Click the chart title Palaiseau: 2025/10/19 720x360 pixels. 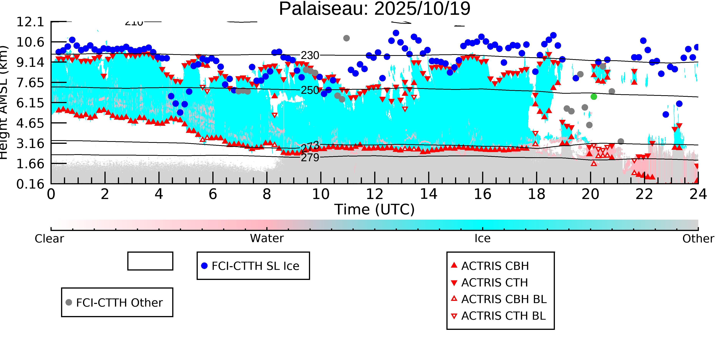[375, 9]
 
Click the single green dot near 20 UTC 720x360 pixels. [594, 97]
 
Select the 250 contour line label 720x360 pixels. [310, 90]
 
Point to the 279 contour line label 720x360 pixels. [310, 158]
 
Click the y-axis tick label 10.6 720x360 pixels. [30, 42]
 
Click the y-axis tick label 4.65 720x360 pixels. [30, 123]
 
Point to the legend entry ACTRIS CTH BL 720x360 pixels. [503, 316]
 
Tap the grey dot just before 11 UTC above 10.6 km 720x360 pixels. [346, 38]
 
